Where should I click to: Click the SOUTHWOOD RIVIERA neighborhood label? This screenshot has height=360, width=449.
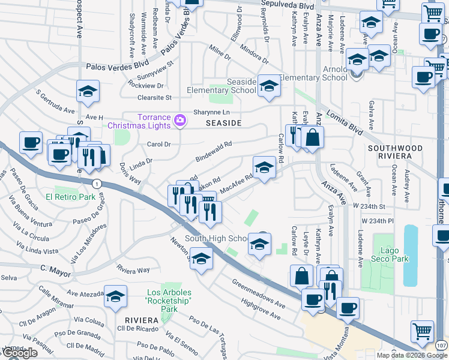[x=390, y=152]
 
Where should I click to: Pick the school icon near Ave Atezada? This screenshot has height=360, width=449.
[x=115, y=296]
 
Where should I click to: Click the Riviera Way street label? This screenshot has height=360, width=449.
[x=133, y=270]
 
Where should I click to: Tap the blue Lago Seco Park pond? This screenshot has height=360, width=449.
[x=409, y=255]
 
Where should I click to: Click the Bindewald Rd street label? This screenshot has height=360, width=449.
[x=214, y=152]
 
